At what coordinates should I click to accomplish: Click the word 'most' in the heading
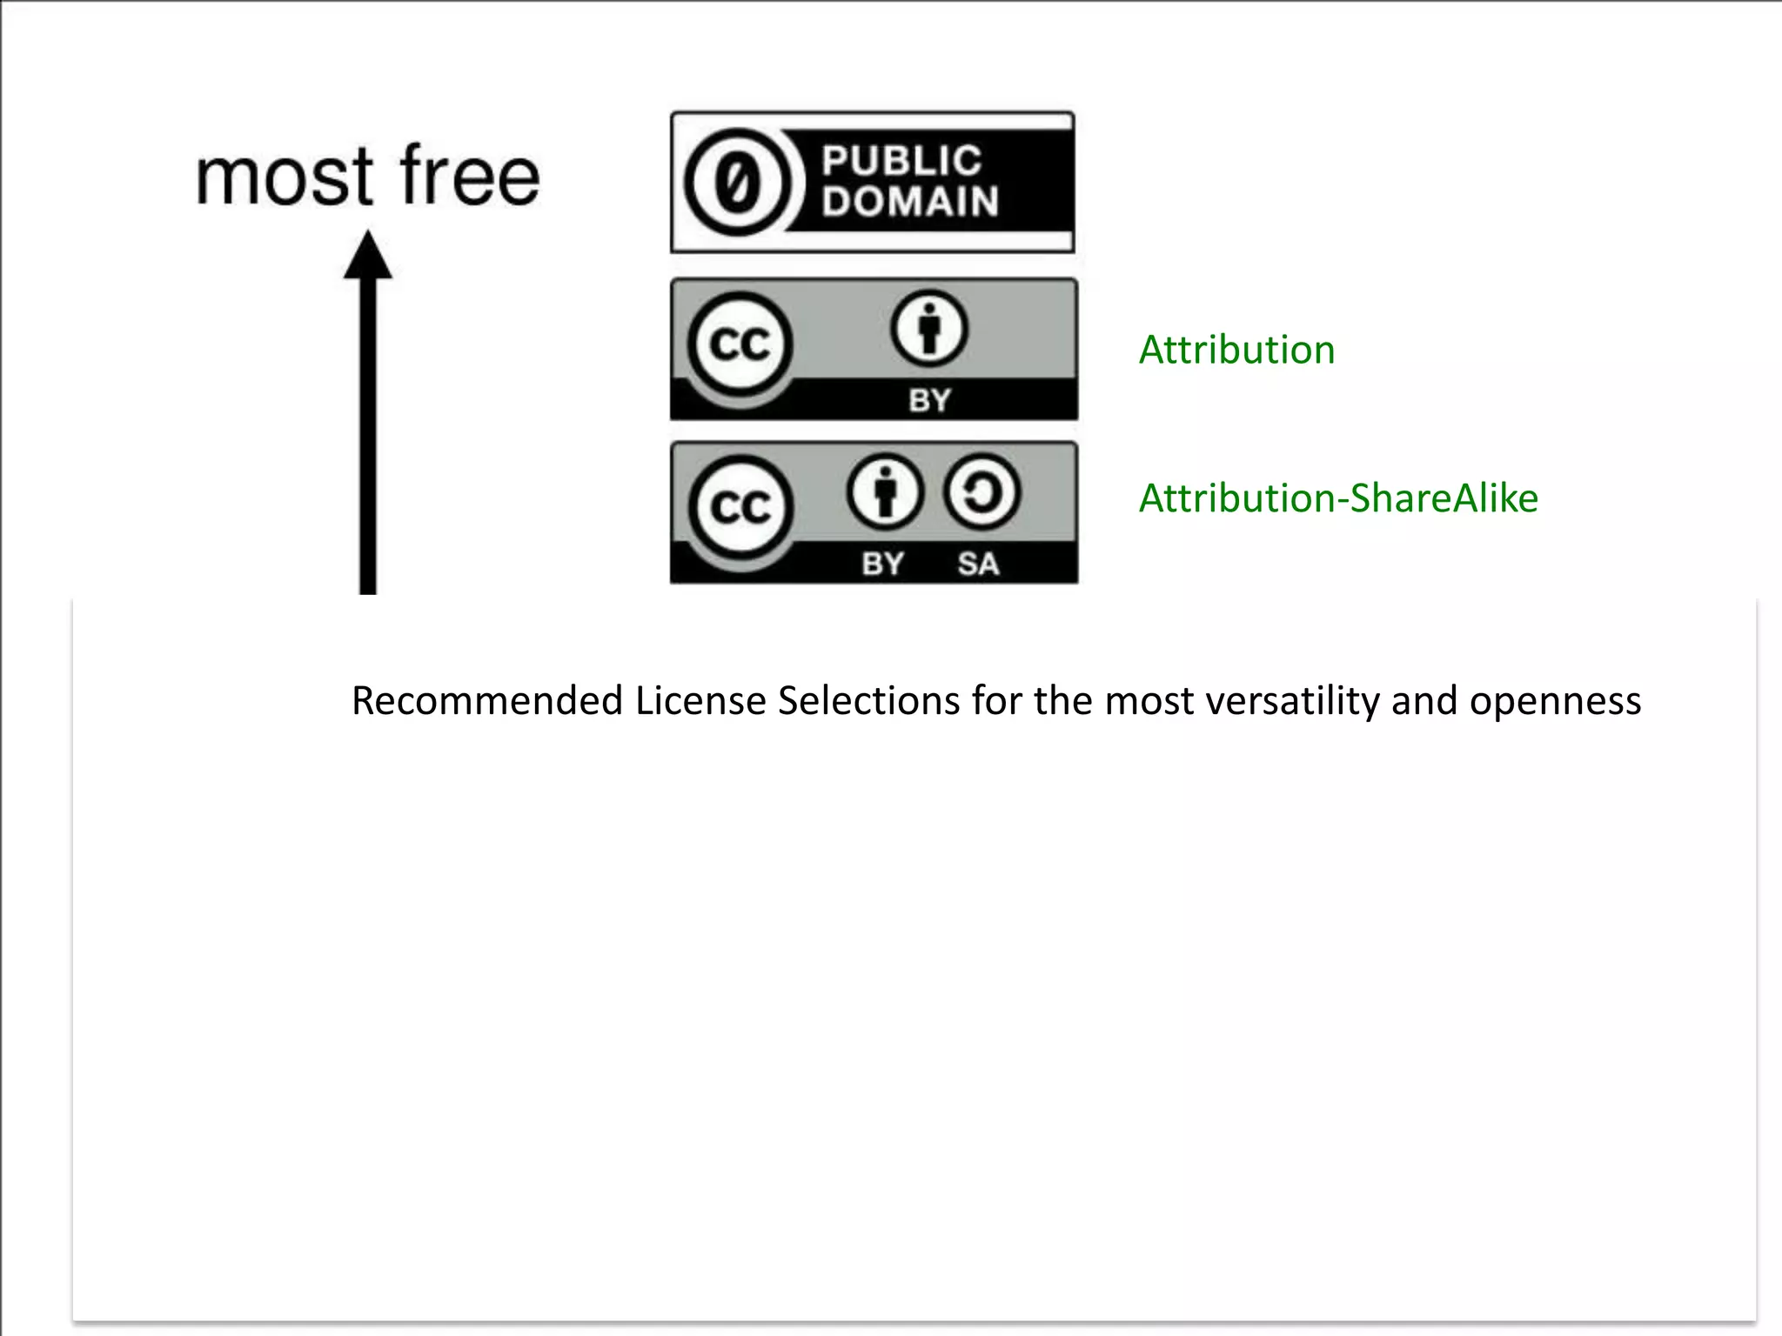point(284,178)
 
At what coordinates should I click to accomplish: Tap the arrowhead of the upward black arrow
point(368,256)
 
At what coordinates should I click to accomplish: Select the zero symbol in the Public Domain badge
point(739,183)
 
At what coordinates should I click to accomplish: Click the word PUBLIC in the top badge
point(901,161)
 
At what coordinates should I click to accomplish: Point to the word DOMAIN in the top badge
point(910,202)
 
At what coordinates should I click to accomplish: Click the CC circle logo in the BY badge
point(740,344)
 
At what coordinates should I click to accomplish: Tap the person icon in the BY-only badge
point(928,329)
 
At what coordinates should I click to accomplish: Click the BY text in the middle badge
point(929,400)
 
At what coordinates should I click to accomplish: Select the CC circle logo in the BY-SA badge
point(740,507)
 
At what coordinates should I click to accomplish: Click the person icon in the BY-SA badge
point(884,491)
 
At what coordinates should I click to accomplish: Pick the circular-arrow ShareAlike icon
point(981,491)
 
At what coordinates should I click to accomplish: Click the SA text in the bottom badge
point(978,564)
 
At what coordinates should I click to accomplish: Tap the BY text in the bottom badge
point(882,564)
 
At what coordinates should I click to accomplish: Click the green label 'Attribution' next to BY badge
point(1236,350)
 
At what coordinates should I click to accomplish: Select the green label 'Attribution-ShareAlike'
point(1338,498)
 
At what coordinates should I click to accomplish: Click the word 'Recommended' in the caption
point(487,701)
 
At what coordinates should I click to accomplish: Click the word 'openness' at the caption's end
point(1555,701)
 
